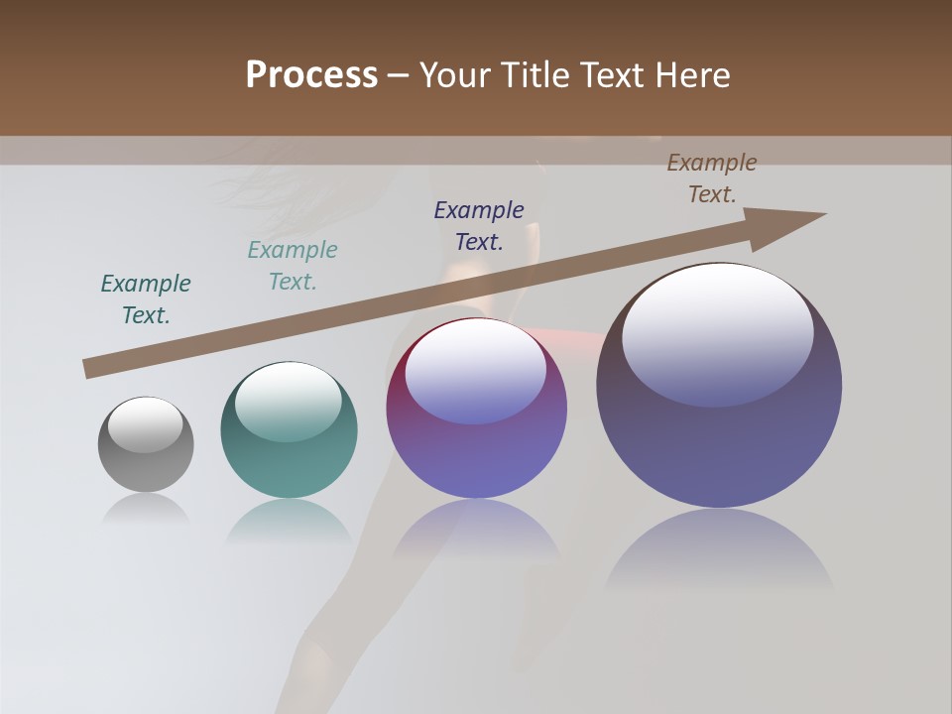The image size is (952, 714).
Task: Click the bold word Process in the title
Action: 311,75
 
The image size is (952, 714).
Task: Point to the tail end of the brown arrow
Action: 89,368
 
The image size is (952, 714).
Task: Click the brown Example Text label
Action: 712,178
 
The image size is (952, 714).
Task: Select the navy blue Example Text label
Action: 479,225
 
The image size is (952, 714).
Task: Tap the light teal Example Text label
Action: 293,265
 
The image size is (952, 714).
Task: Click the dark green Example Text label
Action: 146,298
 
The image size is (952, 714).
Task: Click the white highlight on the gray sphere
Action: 145,424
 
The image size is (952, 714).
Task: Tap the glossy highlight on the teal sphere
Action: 289,402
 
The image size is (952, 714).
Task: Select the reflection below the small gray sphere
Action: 146,508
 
